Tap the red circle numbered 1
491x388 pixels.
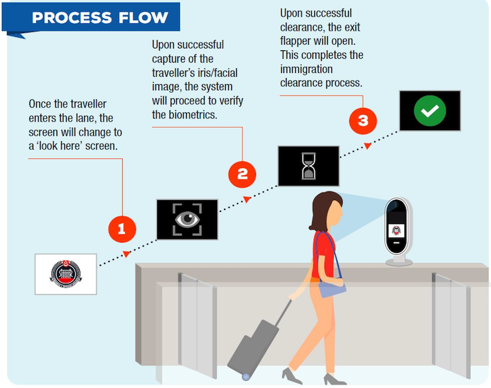coord(122,230)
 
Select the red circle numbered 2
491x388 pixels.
coord(242,174)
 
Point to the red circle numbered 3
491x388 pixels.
coord(363,120)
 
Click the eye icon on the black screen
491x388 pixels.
coord(187,220)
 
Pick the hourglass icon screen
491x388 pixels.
coord(308,166)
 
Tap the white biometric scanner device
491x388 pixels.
coord(398,230)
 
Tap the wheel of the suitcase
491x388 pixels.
coord(245,376)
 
